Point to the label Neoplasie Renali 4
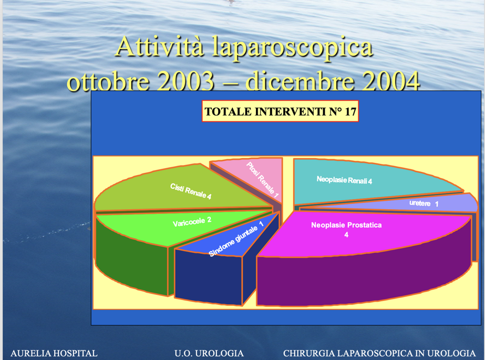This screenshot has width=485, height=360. point(344,180)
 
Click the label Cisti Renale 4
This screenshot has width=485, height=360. point(191,191)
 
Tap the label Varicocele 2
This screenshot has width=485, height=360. point(192,222)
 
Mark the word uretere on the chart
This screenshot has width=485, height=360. point(420,203)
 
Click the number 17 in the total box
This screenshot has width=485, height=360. point(350,111)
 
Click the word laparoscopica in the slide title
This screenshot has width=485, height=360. point(292,47)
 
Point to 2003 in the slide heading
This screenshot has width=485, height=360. point(185,81)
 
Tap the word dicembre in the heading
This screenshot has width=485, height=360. point(300,81)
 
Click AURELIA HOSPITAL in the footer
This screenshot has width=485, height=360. point(54,353)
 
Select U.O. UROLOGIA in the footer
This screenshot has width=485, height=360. point(209,353)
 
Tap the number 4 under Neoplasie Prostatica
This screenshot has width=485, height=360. point(346,235)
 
